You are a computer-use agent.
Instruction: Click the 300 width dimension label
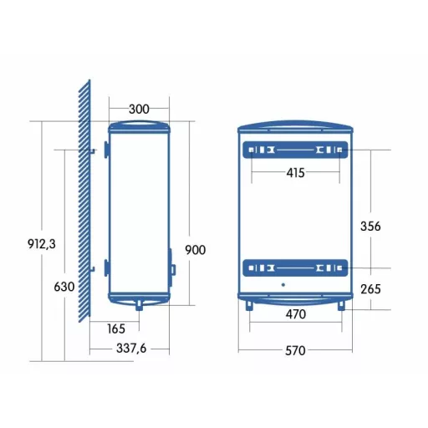(139, 109)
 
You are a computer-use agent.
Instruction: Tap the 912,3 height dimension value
(42, 244)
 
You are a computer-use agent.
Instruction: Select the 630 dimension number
(64, 287)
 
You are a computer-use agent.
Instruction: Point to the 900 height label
(196, 250)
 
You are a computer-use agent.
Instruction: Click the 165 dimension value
(116, 329)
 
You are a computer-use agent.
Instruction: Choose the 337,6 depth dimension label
(131, 349)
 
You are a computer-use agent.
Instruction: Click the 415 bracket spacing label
(295, 173)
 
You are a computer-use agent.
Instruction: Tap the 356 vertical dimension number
(370, 227)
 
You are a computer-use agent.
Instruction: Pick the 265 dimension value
(370, 289)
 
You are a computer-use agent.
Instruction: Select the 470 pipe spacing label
(296, 314)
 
